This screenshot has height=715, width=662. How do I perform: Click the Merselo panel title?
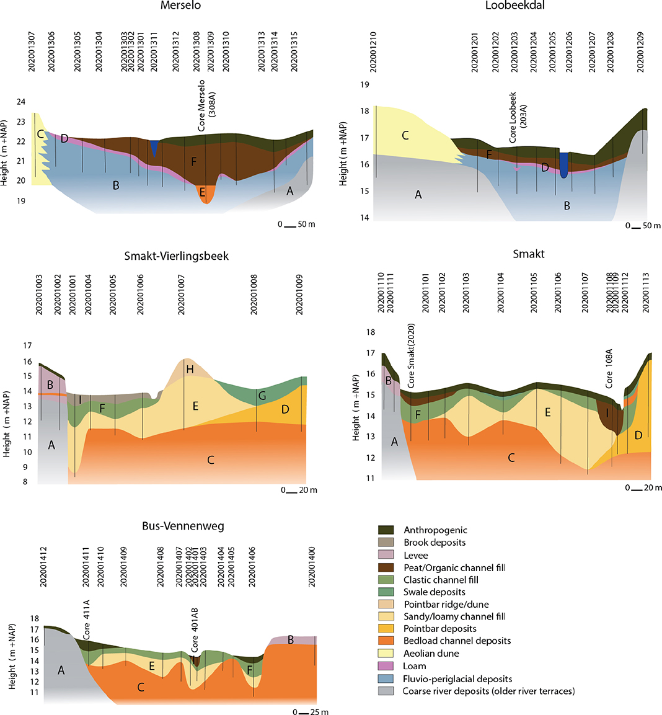coord(180,6)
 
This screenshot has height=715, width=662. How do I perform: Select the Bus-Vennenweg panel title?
coord(183,526)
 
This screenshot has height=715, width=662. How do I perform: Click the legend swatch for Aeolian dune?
coord(386,654)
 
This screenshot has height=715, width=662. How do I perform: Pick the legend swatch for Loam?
coord(386,666)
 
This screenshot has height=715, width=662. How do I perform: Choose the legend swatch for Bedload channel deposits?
coord(386,641)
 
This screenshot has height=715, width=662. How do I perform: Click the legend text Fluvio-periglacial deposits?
coord(457,679)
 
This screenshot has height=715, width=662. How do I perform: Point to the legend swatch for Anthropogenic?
coord(386,530)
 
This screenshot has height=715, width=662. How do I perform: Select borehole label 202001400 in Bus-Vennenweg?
coord(312,566)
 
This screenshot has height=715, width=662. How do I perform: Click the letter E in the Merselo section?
coord(202,193)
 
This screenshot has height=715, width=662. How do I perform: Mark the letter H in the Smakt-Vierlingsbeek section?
coord(190,370)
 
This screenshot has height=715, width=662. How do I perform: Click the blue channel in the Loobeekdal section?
coord(563,165)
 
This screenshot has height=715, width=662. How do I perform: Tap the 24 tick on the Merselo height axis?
coord(21,102)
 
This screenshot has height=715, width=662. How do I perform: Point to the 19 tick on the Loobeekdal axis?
coord(365,85)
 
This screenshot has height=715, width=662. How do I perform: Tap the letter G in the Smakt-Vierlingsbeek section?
coord(262,396)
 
